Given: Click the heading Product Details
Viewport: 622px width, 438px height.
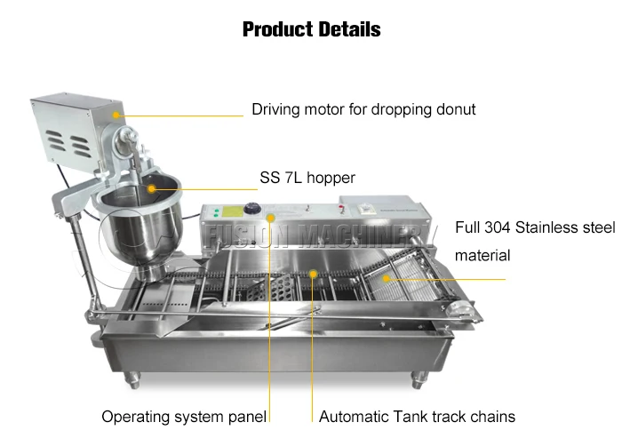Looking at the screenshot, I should coord(311,29).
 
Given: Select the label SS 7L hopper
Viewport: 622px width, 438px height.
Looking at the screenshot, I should coord(307,178).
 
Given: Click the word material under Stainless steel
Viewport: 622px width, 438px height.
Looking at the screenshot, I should coord(482,256).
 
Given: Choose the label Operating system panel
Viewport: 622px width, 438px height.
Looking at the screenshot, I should coord(184,416).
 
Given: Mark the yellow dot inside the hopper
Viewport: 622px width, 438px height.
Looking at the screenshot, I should coord(151,188).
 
